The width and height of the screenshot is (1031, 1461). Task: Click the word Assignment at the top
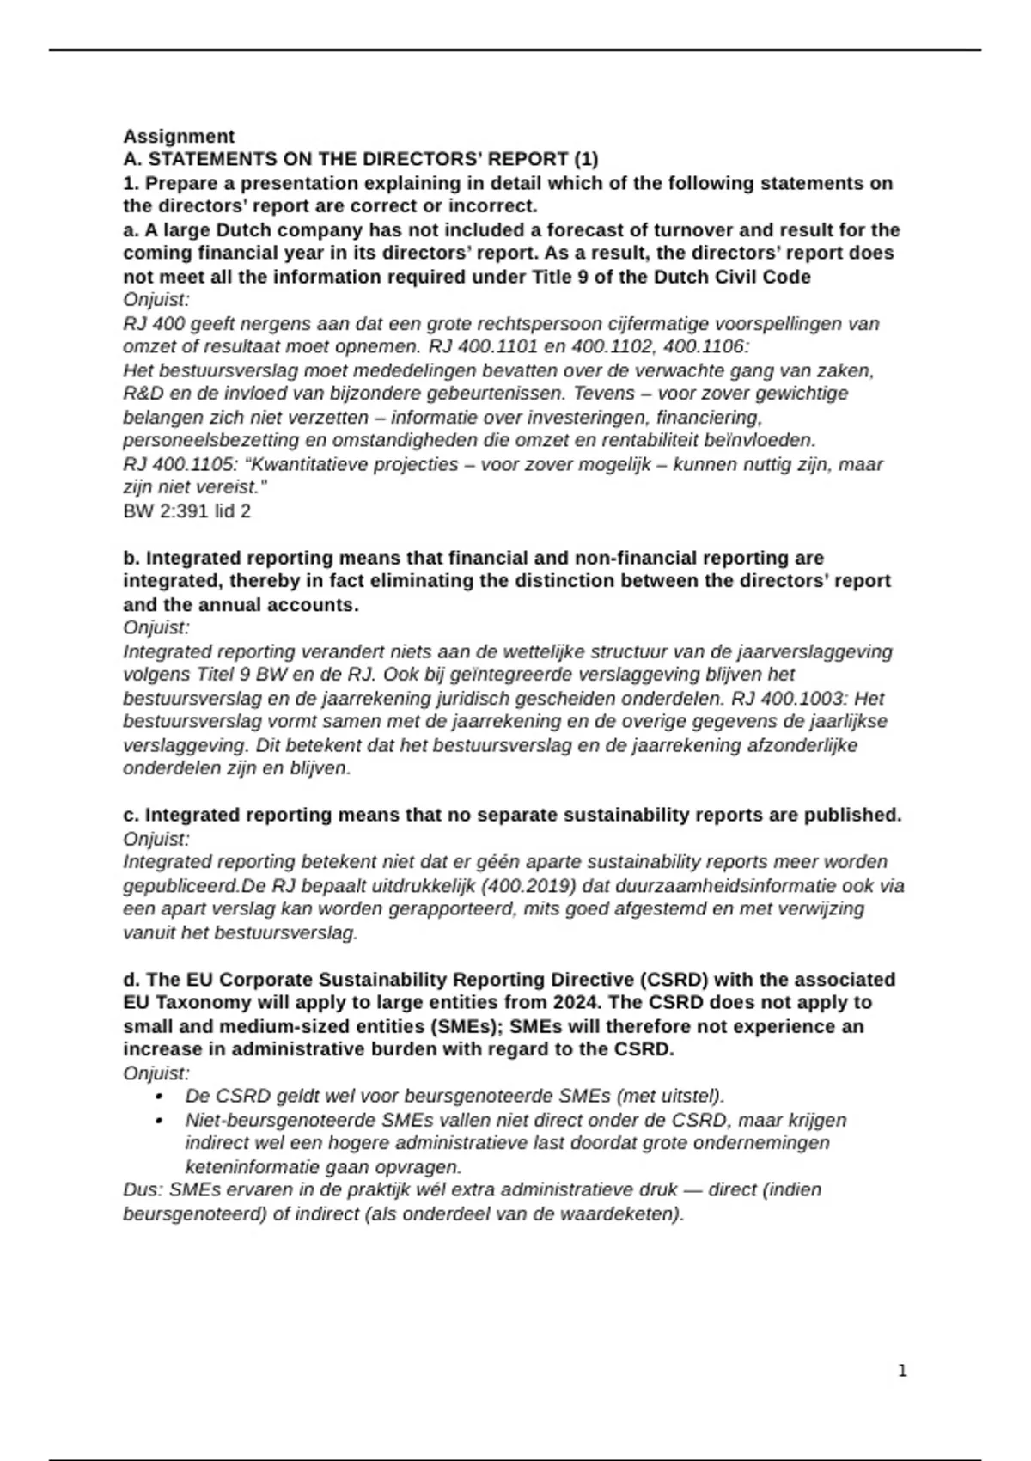coord(179,137)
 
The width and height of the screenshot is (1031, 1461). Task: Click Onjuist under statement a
coord(156,300)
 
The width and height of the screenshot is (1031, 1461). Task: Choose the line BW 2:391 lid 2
coord(187,511)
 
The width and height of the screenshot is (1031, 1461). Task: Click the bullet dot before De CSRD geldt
coord(159,1097)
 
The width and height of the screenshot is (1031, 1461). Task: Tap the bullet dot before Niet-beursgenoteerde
coord(159,1121)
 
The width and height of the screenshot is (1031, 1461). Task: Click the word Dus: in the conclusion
coord(143,1190)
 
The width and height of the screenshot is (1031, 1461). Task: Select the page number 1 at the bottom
coord(902,1371)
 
